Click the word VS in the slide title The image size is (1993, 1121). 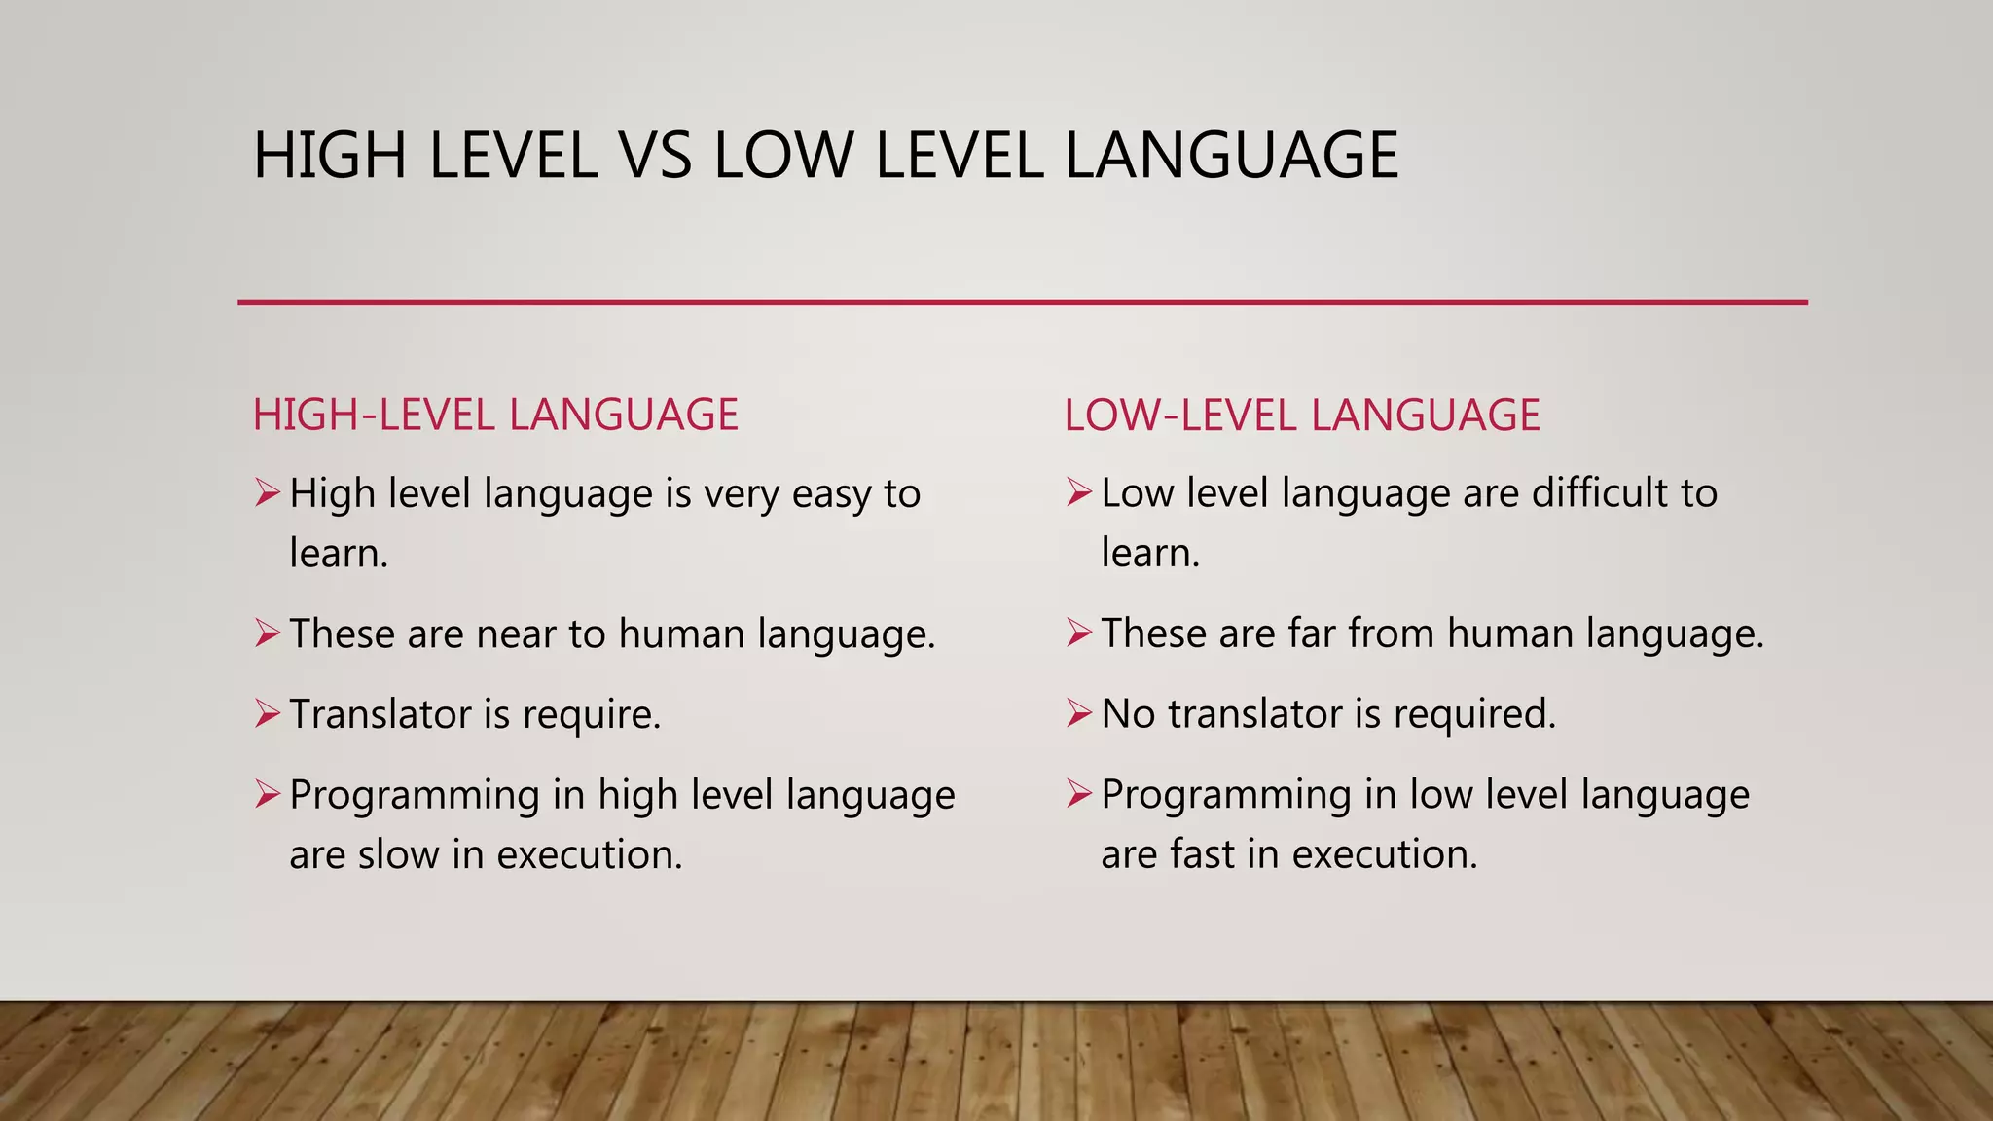(655, 156)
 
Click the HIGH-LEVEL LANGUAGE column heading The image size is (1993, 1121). (495, 415)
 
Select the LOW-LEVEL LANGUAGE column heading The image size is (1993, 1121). (1302, 416)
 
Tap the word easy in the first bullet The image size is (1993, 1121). (830, 494)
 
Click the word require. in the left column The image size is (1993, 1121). (592, 715)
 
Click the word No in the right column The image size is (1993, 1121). (1127, 714)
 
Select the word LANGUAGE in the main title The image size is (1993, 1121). (1231, 156)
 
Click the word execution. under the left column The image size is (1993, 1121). (590, 854)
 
